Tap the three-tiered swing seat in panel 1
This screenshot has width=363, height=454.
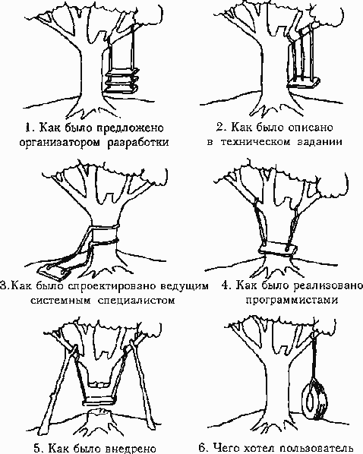coord(122,80)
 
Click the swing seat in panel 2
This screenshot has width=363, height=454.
coord(303,84)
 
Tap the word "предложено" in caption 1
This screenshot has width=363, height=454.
coord(130,128)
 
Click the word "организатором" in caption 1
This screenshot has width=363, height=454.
coord(60,143)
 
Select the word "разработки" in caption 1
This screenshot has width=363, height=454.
coord(138,143)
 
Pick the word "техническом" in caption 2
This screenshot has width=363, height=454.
coord(255,142)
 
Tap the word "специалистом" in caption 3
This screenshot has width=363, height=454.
coord(136,300)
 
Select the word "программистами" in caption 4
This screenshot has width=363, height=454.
coord(292,300)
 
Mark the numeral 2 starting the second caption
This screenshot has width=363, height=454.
coord(219,127)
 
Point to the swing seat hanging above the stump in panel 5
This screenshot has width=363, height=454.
coord(99,402)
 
